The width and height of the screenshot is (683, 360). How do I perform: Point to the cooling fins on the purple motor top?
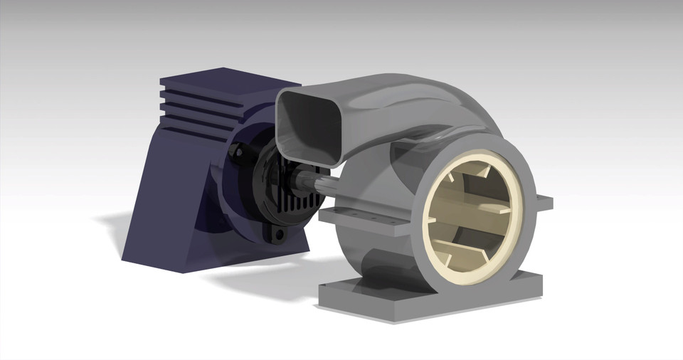[x=196, y=107]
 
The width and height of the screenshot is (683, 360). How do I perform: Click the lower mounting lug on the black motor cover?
[x=277, y=234]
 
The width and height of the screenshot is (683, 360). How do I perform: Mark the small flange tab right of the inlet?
[x=544, y=203]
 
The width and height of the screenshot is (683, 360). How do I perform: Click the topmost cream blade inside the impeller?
[x=484, y=174]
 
